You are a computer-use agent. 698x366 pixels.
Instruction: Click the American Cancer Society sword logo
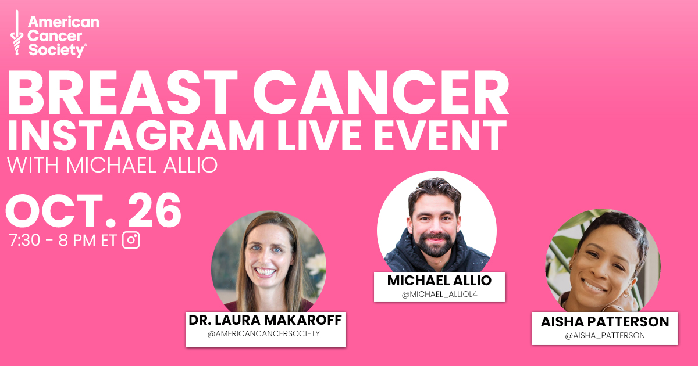(17, 33)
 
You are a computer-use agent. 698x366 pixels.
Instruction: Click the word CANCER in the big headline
(381, 93)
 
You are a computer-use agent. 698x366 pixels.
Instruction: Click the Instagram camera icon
(131, 240)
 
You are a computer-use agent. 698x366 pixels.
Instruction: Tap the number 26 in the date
(155, 210)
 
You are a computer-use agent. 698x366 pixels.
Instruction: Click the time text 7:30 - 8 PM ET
(63, 241)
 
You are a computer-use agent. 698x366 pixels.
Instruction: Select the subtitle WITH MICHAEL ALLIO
(112, 165)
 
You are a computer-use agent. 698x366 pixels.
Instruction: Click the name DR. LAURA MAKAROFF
(265, 320)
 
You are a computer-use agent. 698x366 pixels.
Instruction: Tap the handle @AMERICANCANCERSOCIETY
(263, 333)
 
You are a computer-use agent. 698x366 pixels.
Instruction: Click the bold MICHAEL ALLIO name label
(439, 281)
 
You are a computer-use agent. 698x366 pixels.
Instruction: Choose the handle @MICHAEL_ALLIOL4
(439, 295)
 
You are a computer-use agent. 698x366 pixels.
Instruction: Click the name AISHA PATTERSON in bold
(605, 322)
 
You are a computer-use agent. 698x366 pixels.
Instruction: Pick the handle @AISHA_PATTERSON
(605, 336)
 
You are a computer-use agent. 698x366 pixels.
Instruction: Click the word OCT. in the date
(60, 210)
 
